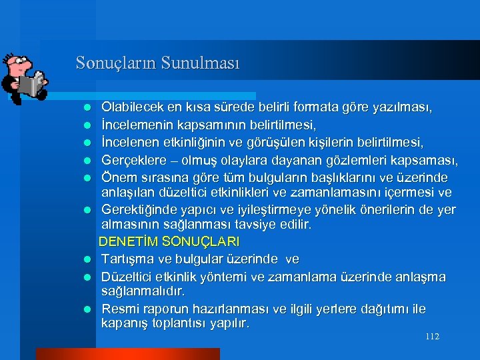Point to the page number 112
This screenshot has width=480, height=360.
tap(432, 337)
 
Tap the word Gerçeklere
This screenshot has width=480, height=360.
tap(133, 160)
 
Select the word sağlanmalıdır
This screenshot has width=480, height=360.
tap(143, 291)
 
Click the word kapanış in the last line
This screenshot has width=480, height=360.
tap(124, 324)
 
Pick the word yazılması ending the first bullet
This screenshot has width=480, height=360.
tap(407, 107)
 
